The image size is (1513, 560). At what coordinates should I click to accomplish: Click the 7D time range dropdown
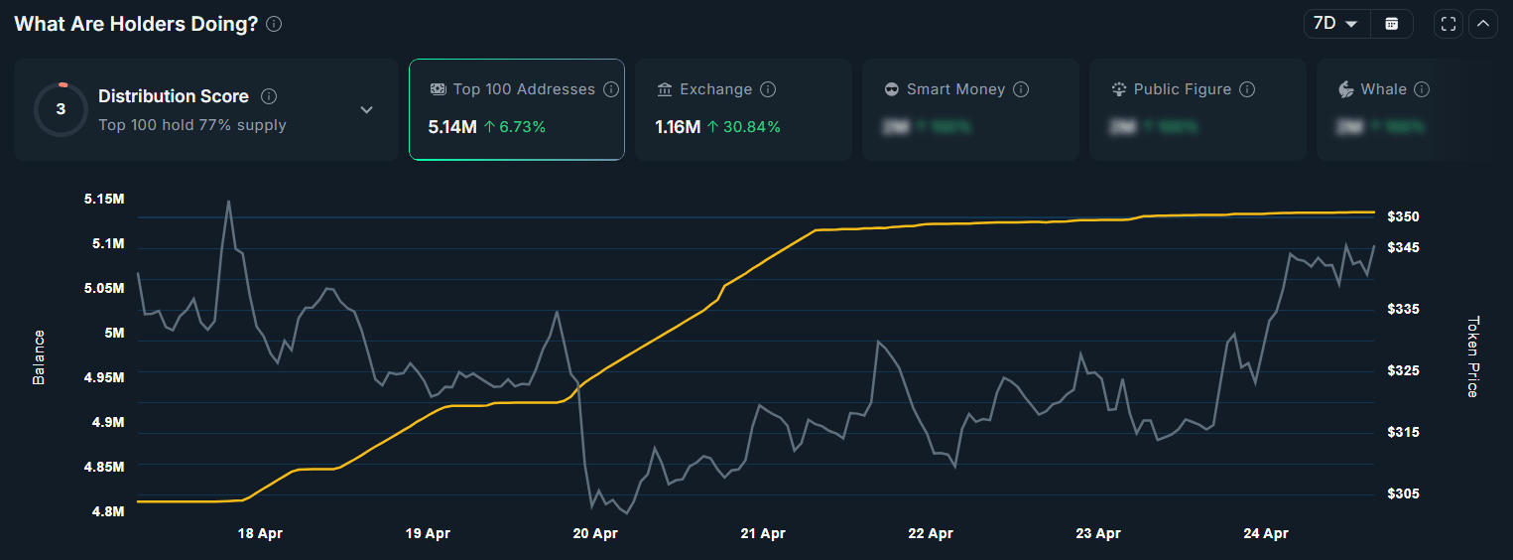1335,24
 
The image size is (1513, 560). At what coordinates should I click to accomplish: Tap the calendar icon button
1392,24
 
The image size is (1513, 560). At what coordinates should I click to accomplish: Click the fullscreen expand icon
1449,24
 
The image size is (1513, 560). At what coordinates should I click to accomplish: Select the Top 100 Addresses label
524,89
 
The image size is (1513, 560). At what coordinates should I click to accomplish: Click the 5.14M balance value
452,127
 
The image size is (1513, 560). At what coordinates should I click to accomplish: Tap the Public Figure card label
1183,89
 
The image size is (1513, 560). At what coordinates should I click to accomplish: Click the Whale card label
1383,89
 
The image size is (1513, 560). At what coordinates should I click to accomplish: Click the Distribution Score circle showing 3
61,109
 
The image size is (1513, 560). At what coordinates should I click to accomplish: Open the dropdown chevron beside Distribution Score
366,109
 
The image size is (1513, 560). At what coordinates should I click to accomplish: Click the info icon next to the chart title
275,24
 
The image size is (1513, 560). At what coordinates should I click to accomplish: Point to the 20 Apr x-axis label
595,534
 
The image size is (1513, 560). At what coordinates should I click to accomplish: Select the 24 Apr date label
1265,534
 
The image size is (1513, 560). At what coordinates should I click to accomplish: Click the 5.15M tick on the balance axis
104,200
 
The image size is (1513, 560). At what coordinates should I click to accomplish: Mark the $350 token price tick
1403,216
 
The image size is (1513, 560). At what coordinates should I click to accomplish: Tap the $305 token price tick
1403,493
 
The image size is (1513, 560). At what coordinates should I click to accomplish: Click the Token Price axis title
1472,356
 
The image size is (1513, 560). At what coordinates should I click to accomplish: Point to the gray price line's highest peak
229,202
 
